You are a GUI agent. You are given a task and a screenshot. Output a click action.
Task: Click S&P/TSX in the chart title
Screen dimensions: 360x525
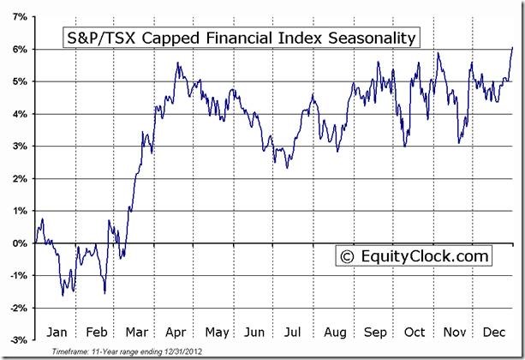tap(99, 38)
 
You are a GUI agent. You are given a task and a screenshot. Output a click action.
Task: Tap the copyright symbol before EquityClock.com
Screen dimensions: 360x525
tap(347, 255)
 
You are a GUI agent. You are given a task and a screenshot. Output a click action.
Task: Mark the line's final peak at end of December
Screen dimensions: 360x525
tap(512, 47)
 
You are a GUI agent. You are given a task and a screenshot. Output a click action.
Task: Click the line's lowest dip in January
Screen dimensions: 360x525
tap(63, 296)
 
